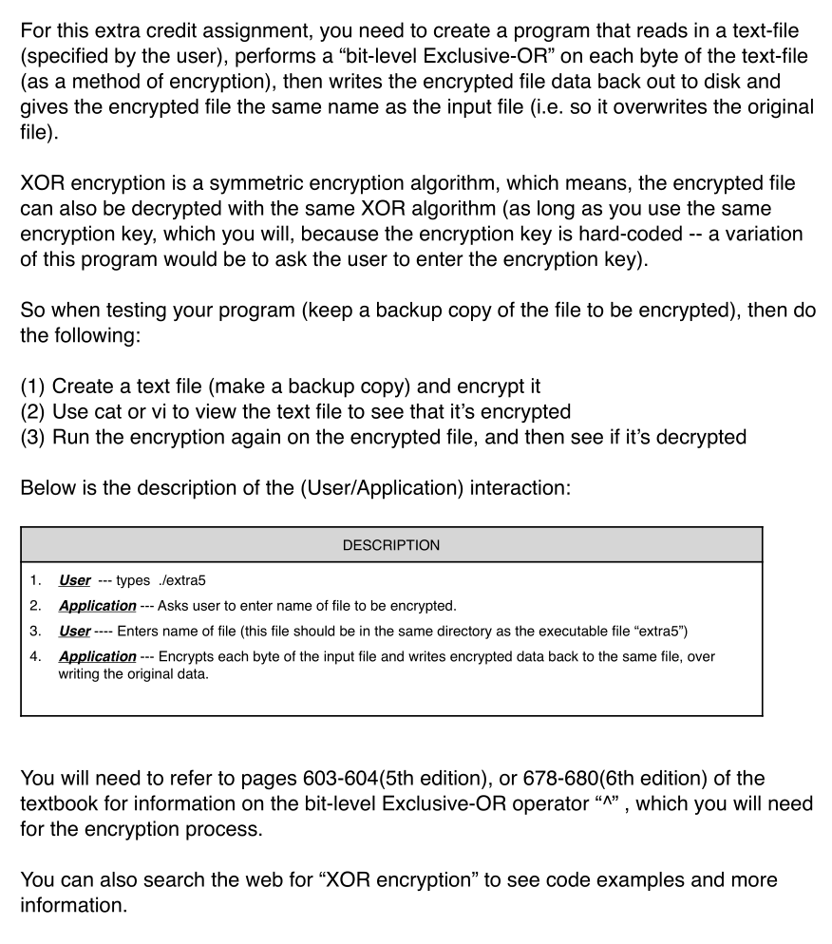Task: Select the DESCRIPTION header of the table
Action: click(390, 545)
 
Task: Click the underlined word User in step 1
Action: click(74, 581)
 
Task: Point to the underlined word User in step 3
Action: click(74, 631)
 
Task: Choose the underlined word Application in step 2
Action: click(97, 606)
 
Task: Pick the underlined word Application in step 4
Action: click(97, 656)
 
